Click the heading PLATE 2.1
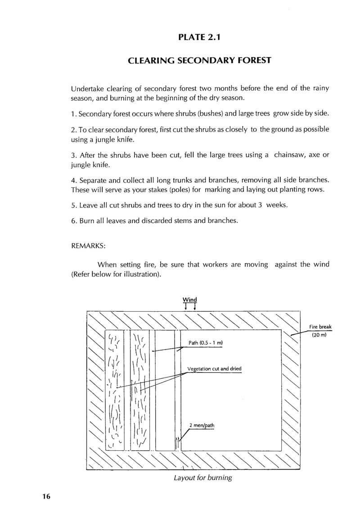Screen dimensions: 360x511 click(x=199, y=37)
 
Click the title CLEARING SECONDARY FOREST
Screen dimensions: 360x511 click(x=199, y=61)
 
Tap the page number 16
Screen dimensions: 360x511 click(x=46, y=496)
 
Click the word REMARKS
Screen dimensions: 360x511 click(x=88, y=246)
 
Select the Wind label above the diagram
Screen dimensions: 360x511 click(x=190, y=300)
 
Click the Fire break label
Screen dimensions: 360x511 click(x=320, y=327)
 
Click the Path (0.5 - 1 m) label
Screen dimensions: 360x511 click(x=206, y=343)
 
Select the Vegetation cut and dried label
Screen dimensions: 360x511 click(x=215, y=369)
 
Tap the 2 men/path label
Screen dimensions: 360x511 click(x=202, y=425)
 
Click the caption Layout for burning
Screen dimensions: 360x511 click(x=203, y=478)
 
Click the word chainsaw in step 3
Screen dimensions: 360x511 click(x=289, y=155)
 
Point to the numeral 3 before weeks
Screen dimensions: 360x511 click(x=260, y=205)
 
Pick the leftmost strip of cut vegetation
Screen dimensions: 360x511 click(x=114, y=390)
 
